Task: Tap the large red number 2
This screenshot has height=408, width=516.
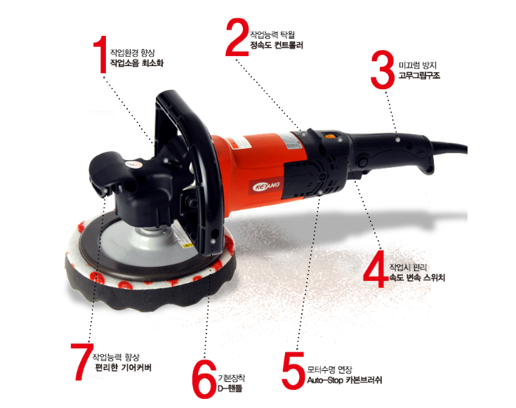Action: tap(237, 37)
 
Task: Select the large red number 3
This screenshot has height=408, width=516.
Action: tap(383, 70)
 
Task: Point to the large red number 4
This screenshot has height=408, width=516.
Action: tap(376, 269)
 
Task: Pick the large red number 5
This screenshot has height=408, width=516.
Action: tap(293, 370)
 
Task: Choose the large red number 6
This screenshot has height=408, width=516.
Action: tap(204, 379)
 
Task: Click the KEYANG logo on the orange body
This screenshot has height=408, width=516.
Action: tap(266, 186)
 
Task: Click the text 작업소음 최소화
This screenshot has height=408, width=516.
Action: tap(137, 63)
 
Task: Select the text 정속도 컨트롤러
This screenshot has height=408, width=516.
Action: tap(277, 45)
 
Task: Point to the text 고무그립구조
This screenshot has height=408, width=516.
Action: tap(419, 75)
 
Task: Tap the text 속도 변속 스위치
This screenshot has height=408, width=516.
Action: tap(417, 277)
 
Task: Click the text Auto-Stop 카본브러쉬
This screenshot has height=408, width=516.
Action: tap(345, 380)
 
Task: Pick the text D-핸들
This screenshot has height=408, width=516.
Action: tap(230, 388)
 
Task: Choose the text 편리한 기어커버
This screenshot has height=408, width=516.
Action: tap(123, 367)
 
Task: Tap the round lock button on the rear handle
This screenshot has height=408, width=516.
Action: tap(363, 162)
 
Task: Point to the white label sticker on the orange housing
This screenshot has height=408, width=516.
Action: tap(291, 142)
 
